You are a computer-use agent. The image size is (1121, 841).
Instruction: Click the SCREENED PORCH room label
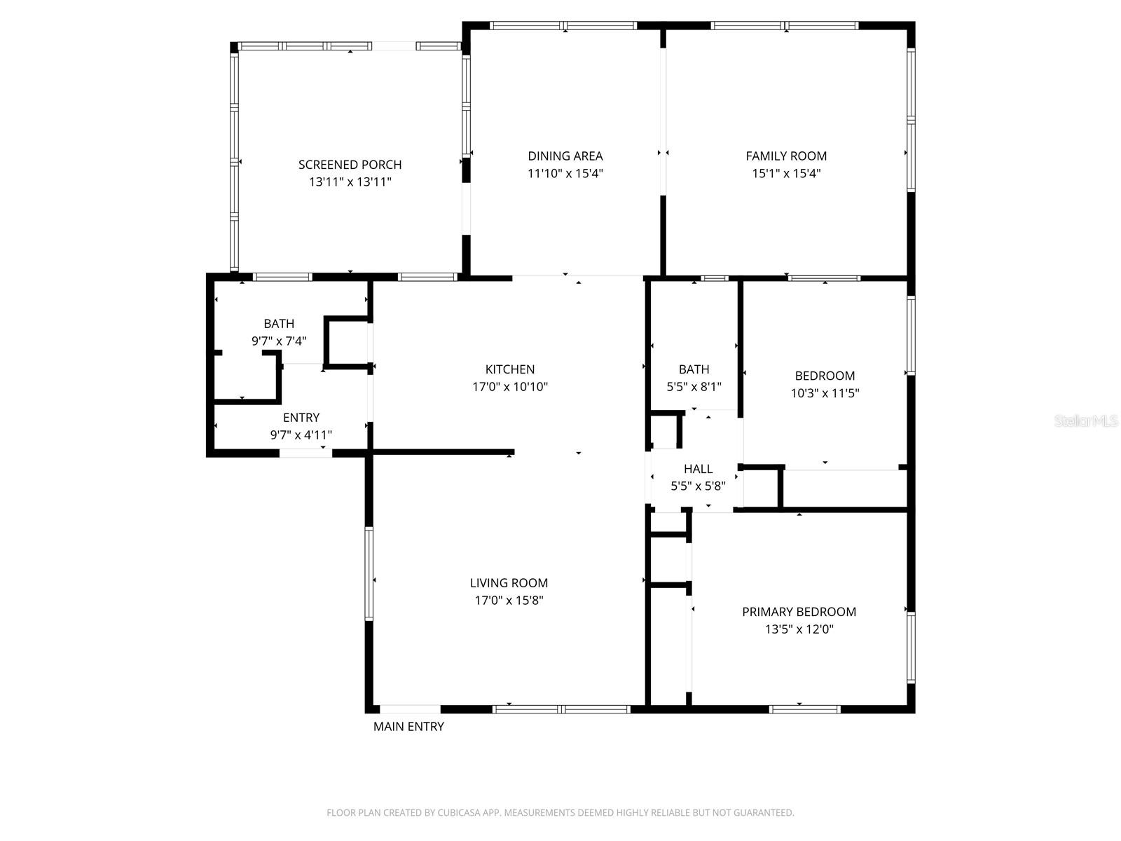(x=350, y=165)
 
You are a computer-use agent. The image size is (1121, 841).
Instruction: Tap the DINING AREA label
(x=565, y=156)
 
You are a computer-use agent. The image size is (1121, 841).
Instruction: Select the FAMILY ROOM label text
(x=786, y=156)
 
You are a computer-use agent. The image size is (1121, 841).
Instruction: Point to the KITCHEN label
(x=509, y=369)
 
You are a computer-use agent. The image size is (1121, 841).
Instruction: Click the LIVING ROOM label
(x=509, y=582)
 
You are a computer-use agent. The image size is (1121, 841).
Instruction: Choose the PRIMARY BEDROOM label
(x=799, y=612)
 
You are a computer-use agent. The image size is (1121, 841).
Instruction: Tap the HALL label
(x=698, y=469)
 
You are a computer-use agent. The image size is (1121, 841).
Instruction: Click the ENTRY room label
(x=301, y=418)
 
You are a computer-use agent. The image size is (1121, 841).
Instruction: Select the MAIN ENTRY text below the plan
(x=408, y=727)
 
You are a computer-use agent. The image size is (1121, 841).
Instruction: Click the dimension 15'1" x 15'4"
(x=786, y=173)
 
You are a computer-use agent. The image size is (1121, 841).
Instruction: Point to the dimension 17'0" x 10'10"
(x=509, y=387)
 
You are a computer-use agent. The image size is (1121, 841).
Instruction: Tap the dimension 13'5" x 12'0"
(x=799, y=629)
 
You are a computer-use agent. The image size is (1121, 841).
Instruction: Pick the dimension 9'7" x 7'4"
(x=279, y=341)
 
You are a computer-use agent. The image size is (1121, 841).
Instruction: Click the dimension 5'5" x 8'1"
(x=694, y=387)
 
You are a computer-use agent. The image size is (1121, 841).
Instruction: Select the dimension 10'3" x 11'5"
(x=825, y=393)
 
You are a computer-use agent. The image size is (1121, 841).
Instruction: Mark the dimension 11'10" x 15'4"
(x=565, y=173)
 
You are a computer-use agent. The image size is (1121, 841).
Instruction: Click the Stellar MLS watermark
(x=1086, y=420)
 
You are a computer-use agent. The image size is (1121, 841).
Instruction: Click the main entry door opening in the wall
(x=410, y=709)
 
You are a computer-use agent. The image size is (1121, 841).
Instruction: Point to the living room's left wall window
(x=369, y=574)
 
